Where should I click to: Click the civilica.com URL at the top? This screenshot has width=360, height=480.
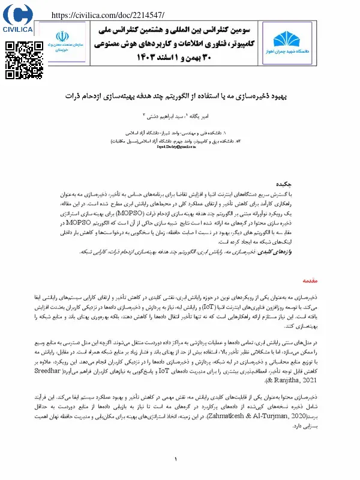point(108,14)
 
